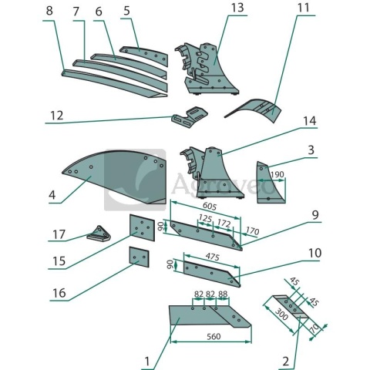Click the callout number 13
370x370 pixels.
tap(237, 8)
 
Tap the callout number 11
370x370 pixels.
tap(303, 8)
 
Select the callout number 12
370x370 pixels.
tap(57, 116)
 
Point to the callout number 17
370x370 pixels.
tap(59, 234)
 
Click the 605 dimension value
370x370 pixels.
tap(210, 206)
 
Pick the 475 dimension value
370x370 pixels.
tap(212, 257)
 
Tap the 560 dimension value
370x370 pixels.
tap(214, 336)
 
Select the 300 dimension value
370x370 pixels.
tap(281, 314)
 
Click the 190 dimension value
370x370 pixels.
tap(277, 174)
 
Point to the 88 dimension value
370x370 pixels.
tap(223, 294)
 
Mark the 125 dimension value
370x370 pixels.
tap(205, 219)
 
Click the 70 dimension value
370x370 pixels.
tap(315, 329)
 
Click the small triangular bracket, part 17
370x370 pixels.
tap(99, 235)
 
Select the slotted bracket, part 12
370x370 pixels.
tap(190, 117)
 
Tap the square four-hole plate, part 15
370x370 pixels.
tap(142, 227)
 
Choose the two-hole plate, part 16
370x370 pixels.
tap(139, 257)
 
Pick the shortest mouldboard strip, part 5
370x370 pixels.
tap(145, 55)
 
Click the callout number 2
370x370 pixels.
tap(286, 362)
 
